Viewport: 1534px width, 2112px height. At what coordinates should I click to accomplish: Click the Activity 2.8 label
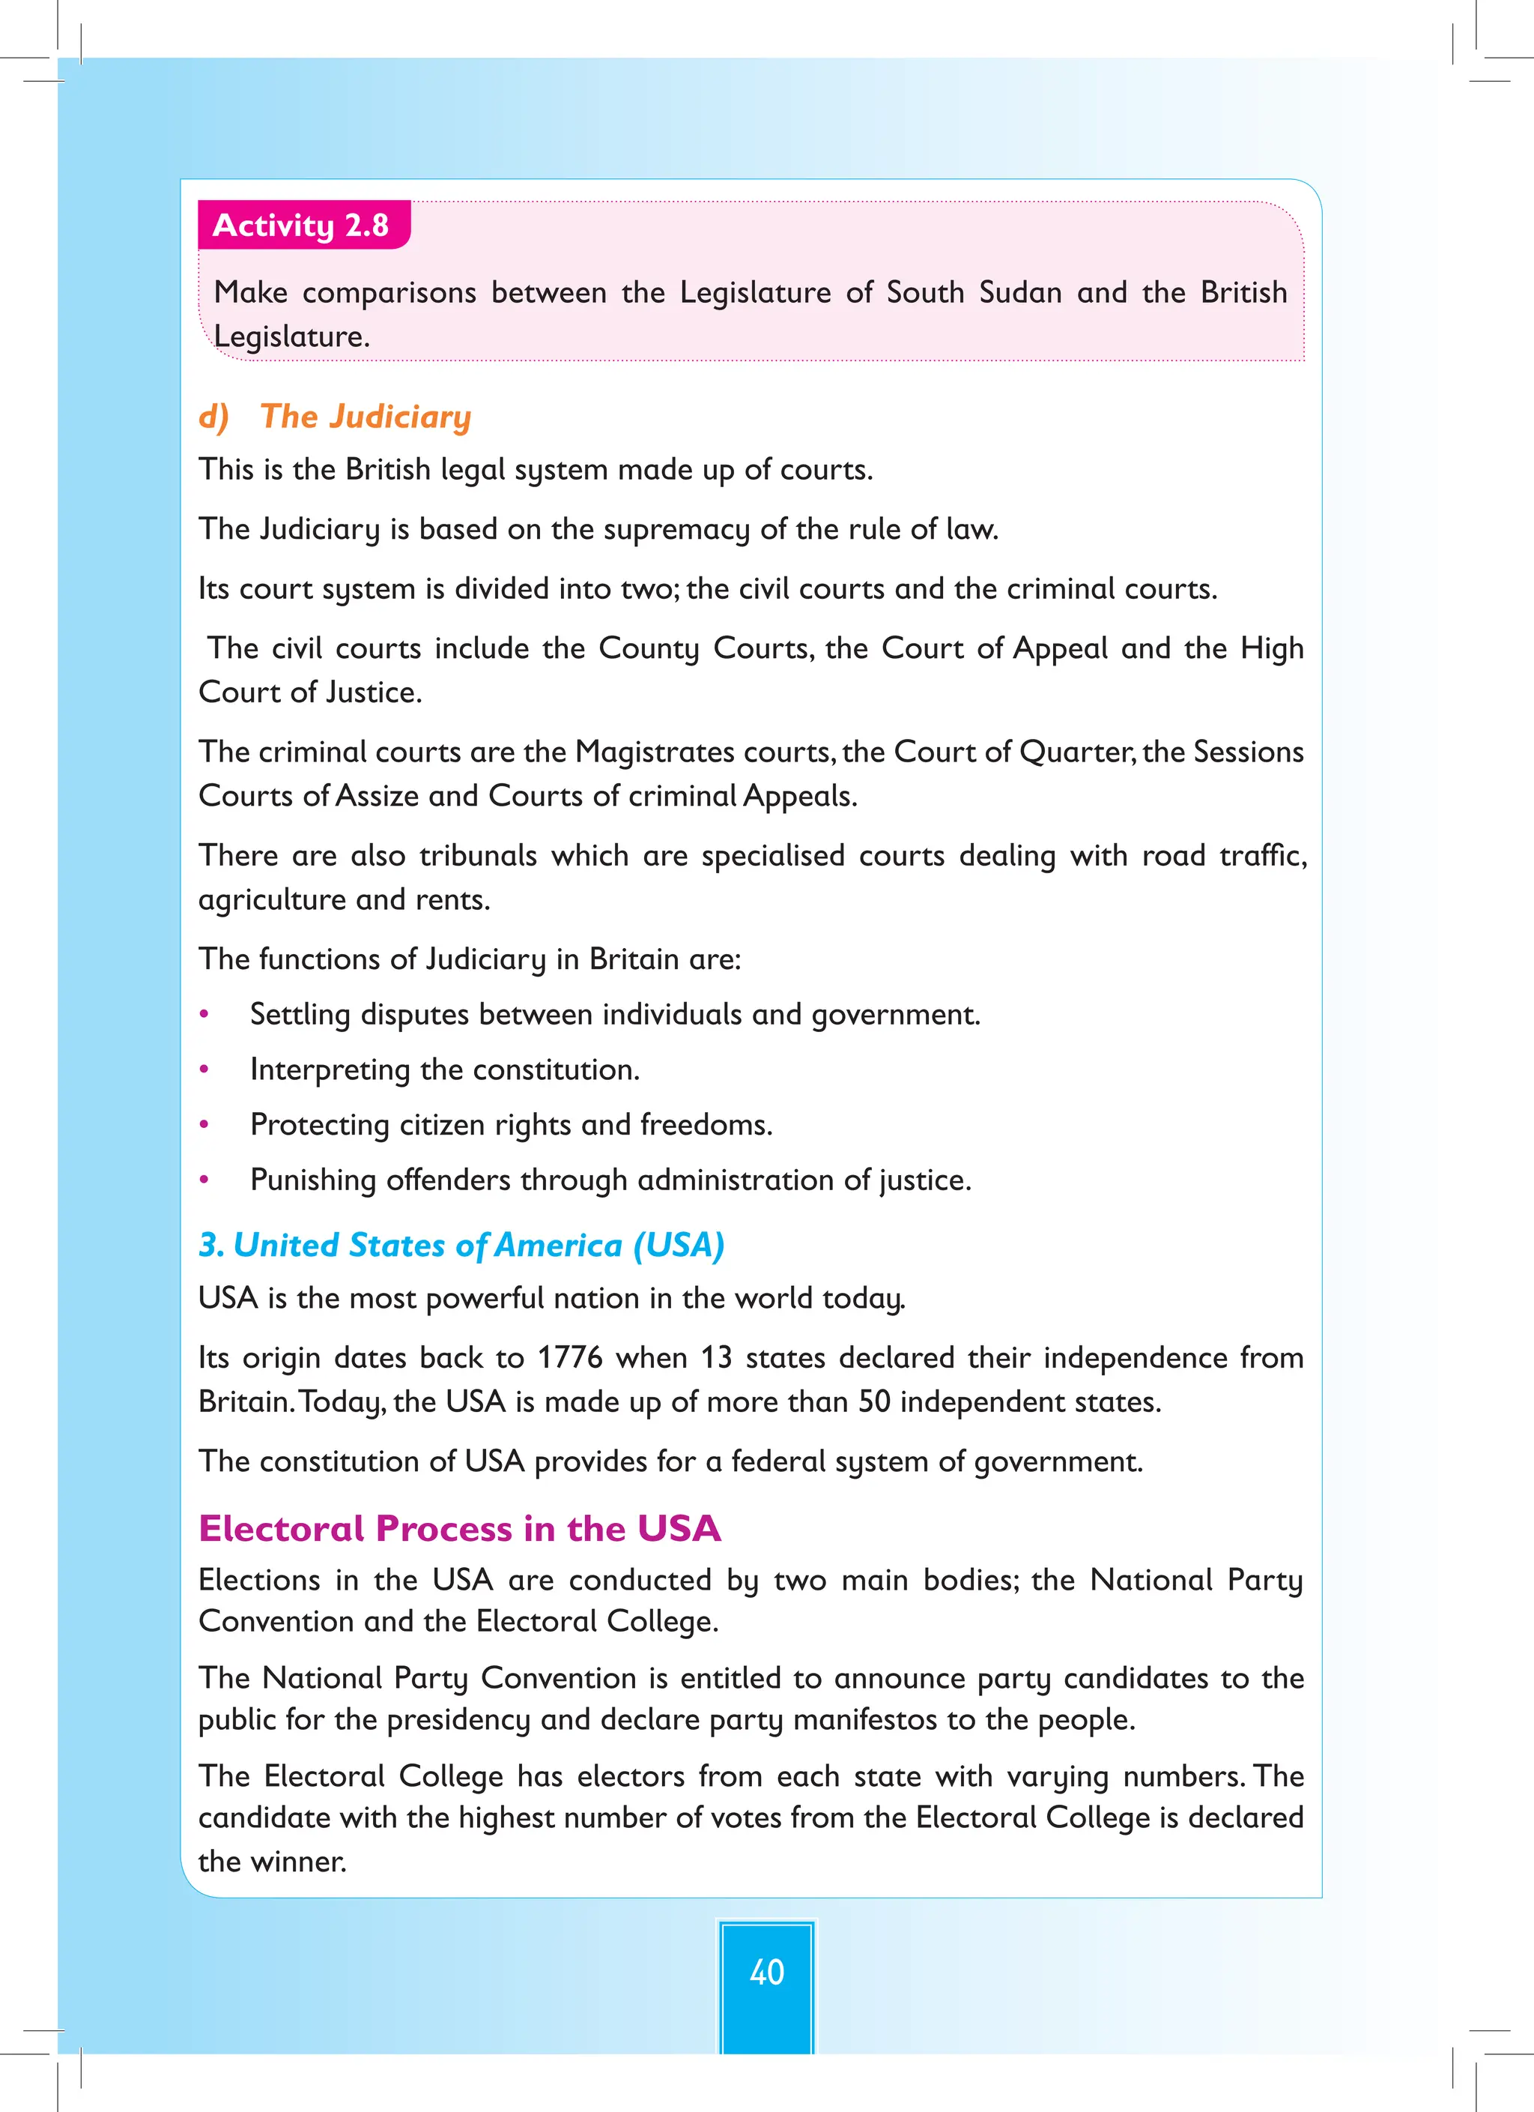tap(300, 226)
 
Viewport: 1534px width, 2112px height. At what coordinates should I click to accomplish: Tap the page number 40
tap(766, 1971)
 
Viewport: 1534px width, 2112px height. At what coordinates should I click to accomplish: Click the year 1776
tap(570, 1358)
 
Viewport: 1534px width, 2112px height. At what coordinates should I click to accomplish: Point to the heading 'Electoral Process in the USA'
tap(460, 1529)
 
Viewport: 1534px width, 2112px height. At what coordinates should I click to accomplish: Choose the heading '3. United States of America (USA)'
tap(461, 1245)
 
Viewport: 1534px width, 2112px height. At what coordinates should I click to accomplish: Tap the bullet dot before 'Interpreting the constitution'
tap(204, 1070)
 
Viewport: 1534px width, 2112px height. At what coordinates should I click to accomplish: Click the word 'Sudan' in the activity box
tap(1020, 292)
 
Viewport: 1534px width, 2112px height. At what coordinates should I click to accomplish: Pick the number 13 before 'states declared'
tap(717, 1358)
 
